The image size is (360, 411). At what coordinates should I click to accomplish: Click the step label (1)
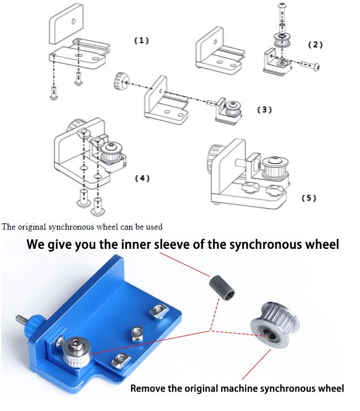(x=141, y=41)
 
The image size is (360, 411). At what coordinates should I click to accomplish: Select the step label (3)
(x=264, y=110)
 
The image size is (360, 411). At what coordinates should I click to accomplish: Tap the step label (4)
(x=142, y=178)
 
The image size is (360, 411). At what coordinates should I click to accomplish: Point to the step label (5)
(x=308, y=198)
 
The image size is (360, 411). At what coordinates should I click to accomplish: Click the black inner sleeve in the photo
(x=223, y=285)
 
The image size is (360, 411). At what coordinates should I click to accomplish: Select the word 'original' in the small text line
(x=33, y=227)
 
